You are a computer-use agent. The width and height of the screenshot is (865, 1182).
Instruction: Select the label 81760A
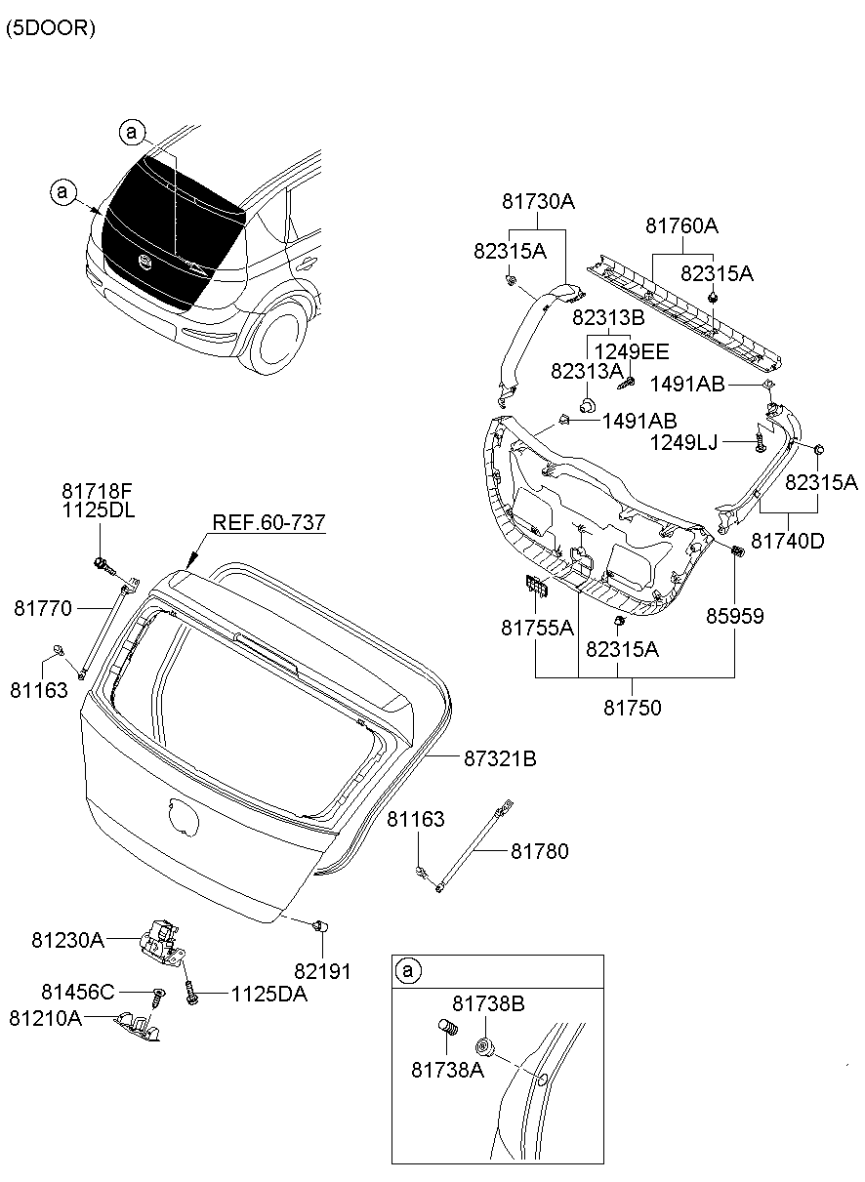(x=681, y=226)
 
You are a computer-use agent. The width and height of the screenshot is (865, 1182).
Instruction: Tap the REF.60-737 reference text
(x=268, y=524)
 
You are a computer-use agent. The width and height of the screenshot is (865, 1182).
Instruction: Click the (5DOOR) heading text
(x=51, y=28)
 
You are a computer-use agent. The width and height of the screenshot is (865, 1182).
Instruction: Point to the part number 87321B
(x=501, y=757)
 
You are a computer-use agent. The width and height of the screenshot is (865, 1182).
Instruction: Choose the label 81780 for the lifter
(x=539, y=851)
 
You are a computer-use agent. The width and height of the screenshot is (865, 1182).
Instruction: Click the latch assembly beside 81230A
(x=162, y=942)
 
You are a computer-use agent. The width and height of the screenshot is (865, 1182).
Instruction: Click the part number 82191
(x=322, y=971)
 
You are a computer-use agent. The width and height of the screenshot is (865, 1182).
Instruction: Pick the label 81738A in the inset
(x=447, y=1069)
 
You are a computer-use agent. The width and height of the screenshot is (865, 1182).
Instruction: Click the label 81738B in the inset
(x=489, y=1003)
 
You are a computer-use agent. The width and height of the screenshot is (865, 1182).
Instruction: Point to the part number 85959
(x=735, y=616)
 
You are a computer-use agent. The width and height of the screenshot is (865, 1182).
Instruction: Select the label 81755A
(x=538, y=629)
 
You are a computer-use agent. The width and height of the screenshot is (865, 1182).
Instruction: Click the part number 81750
(x=632, y=709)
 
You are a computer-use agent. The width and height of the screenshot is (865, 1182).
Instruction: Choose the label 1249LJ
(x=683, y=443)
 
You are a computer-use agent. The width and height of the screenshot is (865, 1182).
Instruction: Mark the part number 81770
(x=42, y=608)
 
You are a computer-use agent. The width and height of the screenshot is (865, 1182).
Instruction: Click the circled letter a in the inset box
(x=409, y=970)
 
